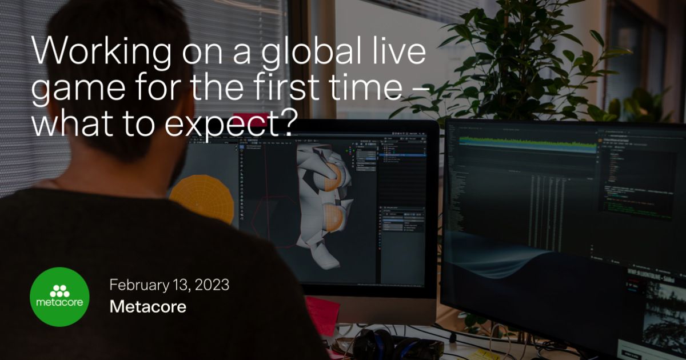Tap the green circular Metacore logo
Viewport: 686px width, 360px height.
click(59, 297)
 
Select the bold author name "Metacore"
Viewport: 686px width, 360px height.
click(147, 307)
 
